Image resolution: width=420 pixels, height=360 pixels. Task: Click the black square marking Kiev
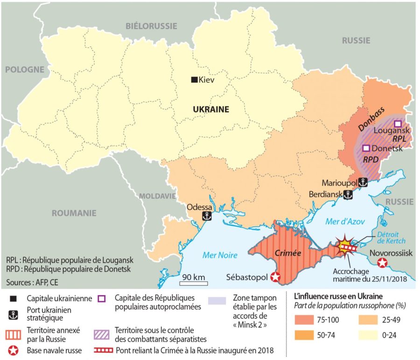(194, 80)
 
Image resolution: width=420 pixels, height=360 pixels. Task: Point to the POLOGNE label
(24, 69)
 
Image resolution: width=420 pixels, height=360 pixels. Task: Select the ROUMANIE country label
(74, 213)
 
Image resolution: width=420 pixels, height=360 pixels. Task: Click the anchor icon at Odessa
(205, 216)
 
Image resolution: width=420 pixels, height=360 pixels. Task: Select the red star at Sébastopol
(275, 277)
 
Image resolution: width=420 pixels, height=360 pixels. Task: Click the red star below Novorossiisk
(383, 263)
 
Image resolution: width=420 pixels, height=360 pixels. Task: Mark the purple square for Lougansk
(398, 124)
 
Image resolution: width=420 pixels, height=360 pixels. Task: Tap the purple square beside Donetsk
(367, 148)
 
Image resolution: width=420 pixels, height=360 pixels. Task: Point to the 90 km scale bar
(194, 282)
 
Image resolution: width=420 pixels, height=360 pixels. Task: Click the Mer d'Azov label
(345, 222)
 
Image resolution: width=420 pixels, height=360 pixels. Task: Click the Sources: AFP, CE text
(32, 282)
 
